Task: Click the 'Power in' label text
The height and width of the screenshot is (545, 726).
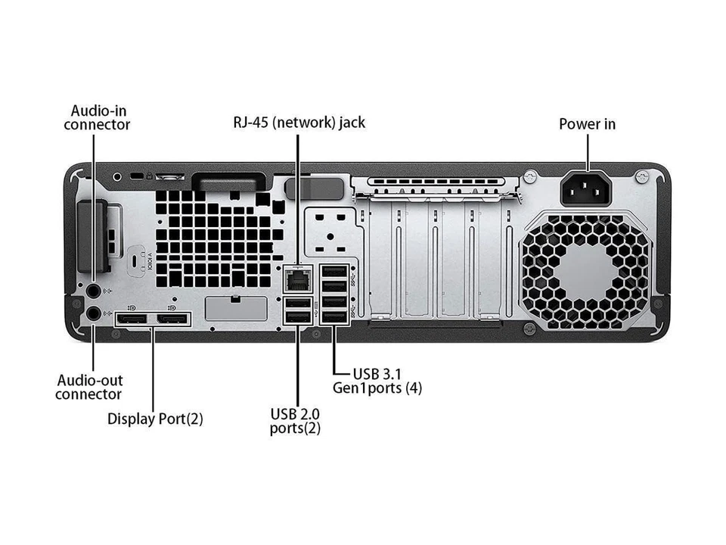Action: [x=587, y=123]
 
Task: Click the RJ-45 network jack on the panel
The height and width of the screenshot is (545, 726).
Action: [x=297, y=281]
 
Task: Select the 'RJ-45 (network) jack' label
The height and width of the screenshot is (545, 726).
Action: [x=299, y=122]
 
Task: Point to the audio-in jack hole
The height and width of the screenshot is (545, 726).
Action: [x=92, y=289]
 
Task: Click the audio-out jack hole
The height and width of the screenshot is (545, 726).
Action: [x=92, y=312]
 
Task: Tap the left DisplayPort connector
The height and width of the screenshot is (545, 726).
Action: [x=132, y=321]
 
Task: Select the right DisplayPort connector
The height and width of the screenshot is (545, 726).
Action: [x=173, y=321]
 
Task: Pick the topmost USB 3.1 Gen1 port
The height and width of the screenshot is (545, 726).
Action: [x=334, y=271]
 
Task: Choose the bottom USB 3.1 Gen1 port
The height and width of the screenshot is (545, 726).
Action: [x=334, y=316]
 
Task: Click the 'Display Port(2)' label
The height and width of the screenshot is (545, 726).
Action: [x=155, y=418]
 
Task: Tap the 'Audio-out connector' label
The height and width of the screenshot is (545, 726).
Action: [x=88, y=387]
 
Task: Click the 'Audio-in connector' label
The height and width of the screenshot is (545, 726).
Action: [x=97, y=117]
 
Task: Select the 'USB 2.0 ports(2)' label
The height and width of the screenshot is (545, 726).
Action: [x=295, y=420]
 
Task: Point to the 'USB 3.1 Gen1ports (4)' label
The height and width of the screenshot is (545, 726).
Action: [x=378, y=381]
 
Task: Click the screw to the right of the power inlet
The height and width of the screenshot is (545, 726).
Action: [x=641, y=176]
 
